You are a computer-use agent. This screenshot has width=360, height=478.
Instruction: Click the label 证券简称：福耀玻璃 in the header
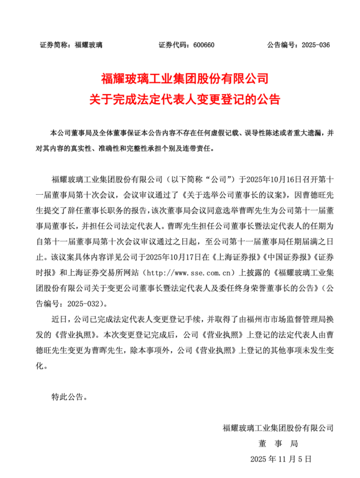(x=71, y=45)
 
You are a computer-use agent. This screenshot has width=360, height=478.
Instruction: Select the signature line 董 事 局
(x=278, y=444)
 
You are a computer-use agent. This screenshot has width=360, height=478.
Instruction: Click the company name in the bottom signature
(x=278, y=428)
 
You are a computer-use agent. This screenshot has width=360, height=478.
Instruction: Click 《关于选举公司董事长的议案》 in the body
(x=216, y=195)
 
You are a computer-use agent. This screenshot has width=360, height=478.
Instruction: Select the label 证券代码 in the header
(x=172, y=45)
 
